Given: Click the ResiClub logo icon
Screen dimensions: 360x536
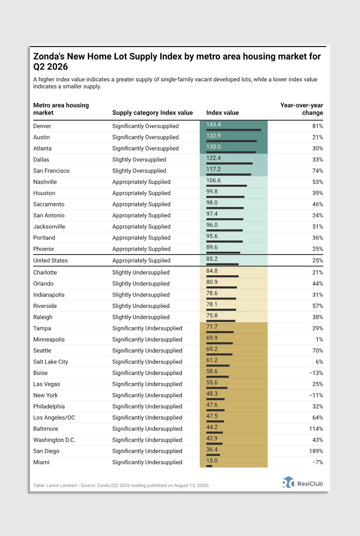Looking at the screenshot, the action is [x=288, y=482].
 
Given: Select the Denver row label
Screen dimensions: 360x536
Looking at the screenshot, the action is [x=42, y=126].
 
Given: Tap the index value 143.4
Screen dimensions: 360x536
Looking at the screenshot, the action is [x=213, y=124].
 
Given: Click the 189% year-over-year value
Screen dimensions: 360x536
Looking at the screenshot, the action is [x=316, y=451].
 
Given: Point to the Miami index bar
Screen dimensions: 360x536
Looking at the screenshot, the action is [x=209, y=466].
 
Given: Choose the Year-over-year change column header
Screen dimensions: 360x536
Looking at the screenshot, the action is [x=302, y=109].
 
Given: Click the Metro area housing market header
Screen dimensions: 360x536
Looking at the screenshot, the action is [x=61, y=109].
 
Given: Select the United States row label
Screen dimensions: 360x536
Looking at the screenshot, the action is [x=51, y=260].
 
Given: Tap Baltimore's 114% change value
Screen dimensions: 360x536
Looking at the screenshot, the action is [x=316, y=429].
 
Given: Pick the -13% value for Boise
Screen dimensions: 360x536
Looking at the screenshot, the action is [x=316, y=373].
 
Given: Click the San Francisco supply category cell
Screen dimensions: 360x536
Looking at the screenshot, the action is [x=139, y=171].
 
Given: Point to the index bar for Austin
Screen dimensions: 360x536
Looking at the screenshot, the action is [x=231, y=141].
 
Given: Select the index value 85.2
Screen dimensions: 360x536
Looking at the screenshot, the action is [x=212, y=259].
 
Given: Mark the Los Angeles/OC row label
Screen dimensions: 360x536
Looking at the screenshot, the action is [x=54, y=418].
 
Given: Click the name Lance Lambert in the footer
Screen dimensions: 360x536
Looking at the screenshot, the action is [x=62, y=485].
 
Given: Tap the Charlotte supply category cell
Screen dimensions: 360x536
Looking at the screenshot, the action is [x=141, y=272].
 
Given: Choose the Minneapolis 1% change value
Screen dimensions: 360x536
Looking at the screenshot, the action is [x=319, y=339].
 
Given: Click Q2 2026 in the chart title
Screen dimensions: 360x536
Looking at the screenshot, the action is [x=51, y=66].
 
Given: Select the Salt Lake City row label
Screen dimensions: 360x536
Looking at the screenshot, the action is [x=51, y=362].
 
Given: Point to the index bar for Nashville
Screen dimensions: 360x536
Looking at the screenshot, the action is [x=227, y=186].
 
